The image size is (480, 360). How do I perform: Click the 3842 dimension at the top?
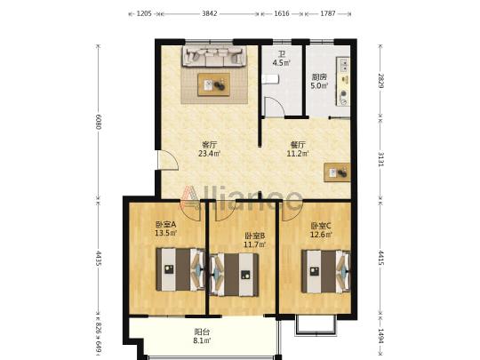[x=210, y=13]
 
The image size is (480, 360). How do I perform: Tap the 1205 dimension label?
[x=144, y=13]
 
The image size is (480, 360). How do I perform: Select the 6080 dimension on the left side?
[x=98, y=122]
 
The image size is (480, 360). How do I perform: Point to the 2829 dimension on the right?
[x=380, y=81]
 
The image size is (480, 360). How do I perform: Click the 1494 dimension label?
[x=380, y=336]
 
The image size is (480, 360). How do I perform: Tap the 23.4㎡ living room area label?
[x=210, y=154]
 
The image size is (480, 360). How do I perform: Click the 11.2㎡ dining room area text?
[x=297, y=154]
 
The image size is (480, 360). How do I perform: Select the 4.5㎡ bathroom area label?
[x=282, y=63]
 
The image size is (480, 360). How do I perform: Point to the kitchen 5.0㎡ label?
[x=320, y=82]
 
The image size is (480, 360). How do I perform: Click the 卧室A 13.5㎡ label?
[x=165, y=229]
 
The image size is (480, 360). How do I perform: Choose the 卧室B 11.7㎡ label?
[x=254, y=240]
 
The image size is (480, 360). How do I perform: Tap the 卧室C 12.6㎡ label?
[x=321, y=230]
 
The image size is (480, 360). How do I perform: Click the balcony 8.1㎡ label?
[x=202, y=336]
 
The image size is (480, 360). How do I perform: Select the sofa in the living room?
[x=214, y=56]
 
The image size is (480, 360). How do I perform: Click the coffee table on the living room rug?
[x=214, y=84]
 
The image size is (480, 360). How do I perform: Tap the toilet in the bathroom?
[x=270, y=79]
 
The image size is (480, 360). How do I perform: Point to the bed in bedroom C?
[x=326, y=271]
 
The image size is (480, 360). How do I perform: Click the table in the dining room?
[x=338, y=172]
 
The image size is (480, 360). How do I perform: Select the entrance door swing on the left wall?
[x=168, y=159]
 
